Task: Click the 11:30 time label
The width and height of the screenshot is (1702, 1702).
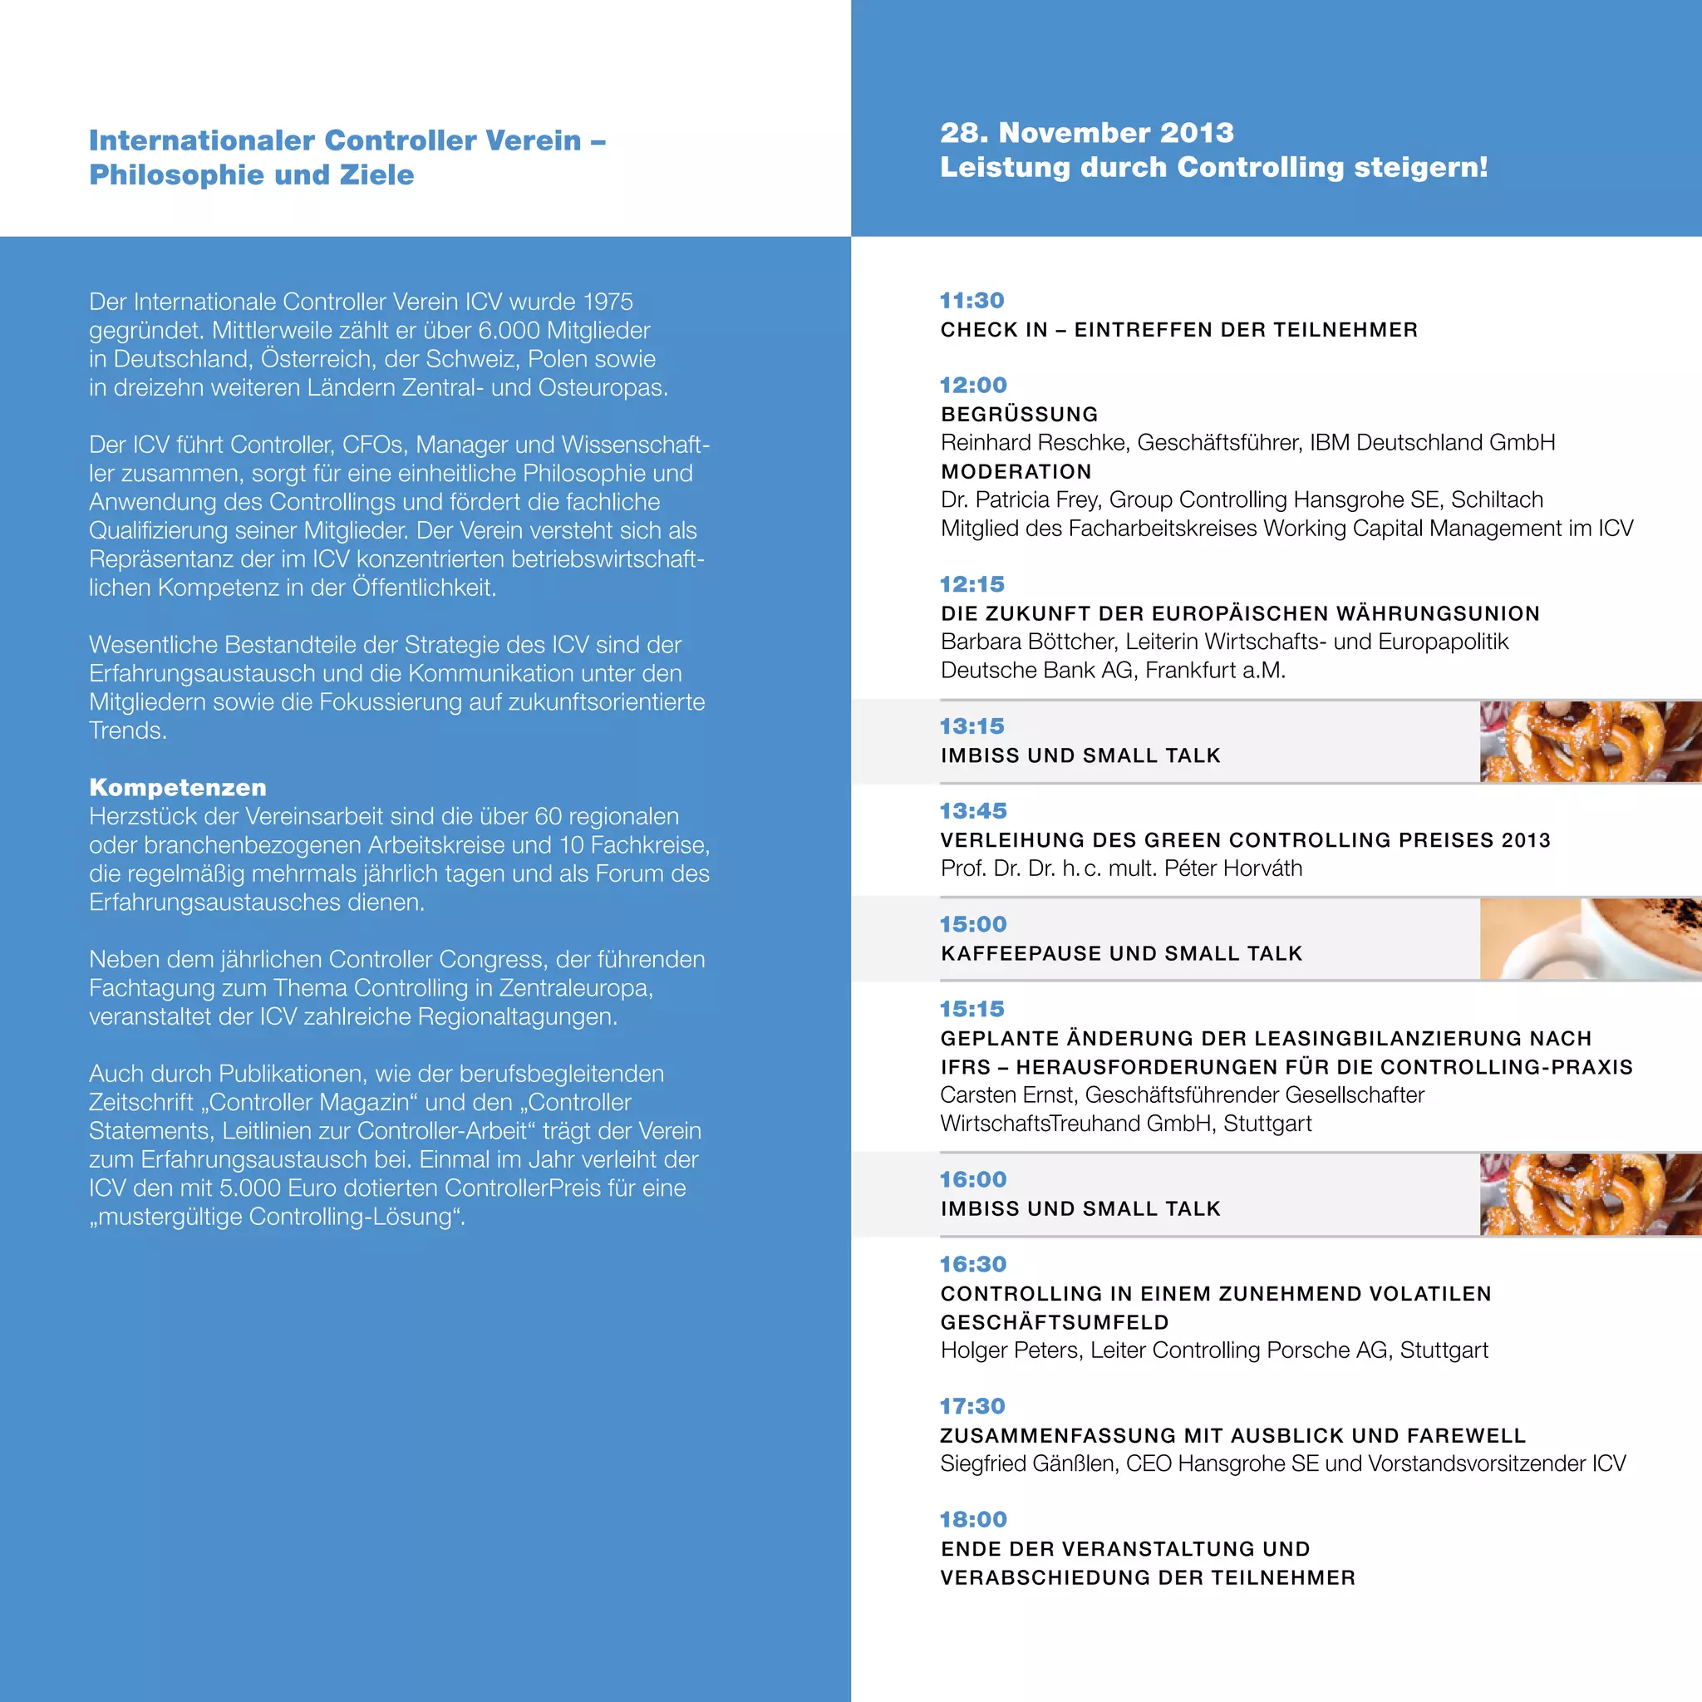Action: point(972,300)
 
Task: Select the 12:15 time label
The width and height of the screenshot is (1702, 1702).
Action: point(972,584)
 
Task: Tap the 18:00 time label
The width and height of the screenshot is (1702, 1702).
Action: point(972,1520)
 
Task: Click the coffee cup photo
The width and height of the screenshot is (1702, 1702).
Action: point(1590,939)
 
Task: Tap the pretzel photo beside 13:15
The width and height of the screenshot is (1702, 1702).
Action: point(1590,742)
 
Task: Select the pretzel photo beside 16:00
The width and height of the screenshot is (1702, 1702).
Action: point(1590,1194)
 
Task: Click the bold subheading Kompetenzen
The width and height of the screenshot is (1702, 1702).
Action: point(177,788)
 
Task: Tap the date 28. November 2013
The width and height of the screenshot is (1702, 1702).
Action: point(1086,133)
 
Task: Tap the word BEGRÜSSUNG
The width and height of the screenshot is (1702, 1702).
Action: point(1019,414)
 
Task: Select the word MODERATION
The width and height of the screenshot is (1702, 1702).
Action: point(1016,471)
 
